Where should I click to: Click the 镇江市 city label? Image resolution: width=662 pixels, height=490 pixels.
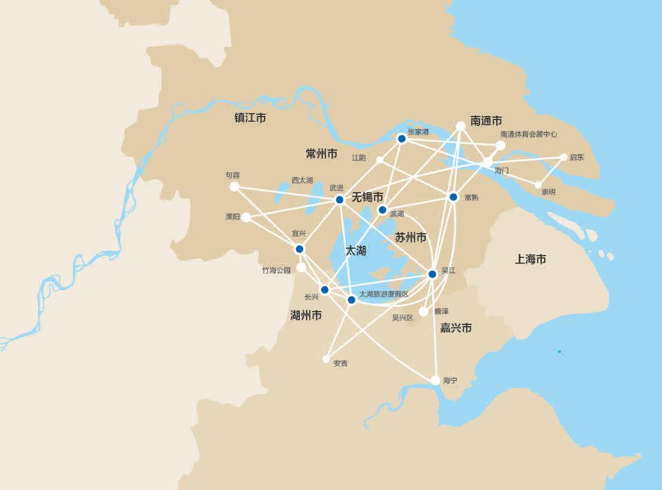250,118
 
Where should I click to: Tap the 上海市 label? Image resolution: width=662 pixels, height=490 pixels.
530,260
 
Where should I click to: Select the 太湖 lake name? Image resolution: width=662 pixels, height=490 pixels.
356,251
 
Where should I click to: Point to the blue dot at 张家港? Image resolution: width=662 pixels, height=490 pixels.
401,139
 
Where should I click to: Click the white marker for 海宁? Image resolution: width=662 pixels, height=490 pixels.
435,380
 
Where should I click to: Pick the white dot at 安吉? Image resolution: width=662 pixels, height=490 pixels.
326,359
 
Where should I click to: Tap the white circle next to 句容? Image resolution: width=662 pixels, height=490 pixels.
234,186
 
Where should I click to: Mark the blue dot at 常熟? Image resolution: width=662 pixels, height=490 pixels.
453,197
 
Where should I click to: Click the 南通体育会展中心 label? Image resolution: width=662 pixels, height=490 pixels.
529,134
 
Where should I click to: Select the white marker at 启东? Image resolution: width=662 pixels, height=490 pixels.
564,157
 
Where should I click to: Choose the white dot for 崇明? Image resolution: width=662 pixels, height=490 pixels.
538,185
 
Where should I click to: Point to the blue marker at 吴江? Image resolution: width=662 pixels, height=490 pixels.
432,274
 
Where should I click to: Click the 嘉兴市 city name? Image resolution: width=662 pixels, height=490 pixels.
456,328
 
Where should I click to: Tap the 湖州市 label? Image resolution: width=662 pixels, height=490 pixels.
306,315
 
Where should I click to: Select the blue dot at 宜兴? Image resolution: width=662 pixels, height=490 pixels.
299,249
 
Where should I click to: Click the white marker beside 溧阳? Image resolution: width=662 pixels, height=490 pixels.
246,218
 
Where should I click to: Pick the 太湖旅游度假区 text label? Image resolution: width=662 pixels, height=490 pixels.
384,294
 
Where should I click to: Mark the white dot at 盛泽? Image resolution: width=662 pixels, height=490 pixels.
423,312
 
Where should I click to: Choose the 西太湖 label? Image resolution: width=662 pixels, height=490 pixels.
302,180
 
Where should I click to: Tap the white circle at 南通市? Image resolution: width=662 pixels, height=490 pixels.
460,126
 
